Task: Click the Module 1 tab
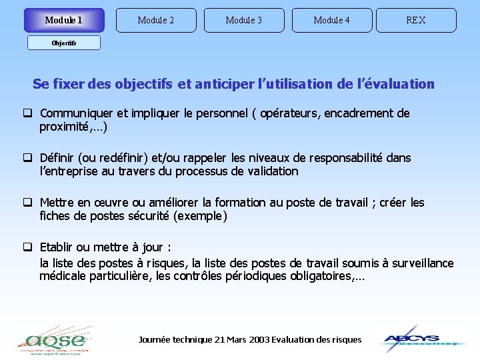coord(64,20)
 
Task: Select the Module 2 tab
coord(156,20)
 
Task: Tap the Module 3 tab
coord(244,20)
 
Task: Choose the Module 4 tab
coord(332,20)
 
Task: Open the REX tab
coord(416,20)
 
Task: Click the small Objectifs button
coord(64,43)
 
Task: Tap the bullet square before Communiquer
coord(29,113)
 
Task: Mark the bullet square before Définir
coord(29,158)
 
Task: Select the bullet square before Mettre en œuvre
coord(29,203)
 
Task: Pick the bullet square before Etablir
coord(29,247)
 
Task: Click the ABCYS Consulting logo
coord(419,339)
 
